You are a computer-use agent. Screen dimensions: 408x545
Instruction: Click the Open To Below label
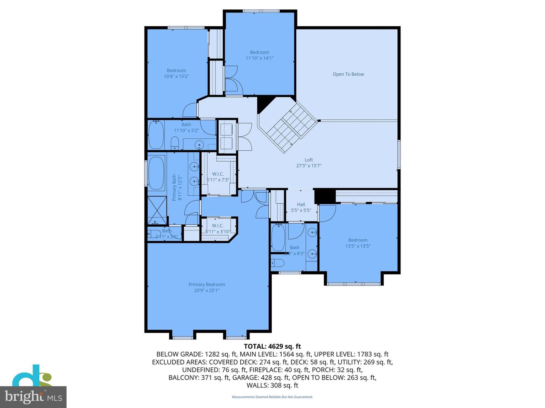click(x=348, y=74)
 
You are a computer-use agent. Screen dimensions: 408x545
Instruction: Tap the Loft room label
click(x=309, y=160)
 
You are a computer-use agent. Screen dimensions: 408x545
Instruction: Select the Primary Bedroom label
click(x=207, y=284)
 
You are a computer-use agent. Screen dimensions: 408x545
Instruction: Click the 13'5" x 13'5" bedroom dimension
click(x=358, y=246)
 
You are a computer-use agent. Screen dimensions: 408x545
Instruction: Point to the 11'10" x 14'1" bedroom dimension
click(x=259, y=58)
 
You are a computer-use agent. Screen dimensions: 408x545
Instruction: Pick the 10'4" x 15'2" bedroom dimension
click(x=176, y=76)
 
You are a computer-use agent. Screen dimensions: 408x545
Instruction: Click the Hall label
click(x=301, y=204)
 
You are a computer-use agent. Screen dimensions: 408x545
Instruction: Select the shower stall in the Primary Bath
click(x=157, y=210)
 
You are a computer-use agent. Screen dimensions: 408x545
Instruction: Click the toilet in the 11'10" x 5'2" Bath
click(x=175, y=143)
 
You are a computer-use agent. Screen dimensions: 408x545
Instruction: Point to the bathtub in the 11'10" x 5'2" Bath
click(x=156, y=134)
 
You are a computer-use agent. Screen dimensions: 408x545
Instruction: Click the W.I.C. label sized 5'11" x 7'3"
click(x=218, y=174)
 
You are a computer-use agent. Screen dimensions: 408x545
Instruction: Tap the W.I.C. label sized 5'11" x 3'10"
click(x=218, y=226)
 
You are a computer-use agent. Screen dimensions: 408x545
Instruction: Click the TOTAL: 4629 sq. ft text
click(x=272, y=346)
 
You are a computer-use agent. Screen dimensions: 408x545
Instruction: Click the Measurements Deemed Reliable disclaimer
click(x=272, y=397)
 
